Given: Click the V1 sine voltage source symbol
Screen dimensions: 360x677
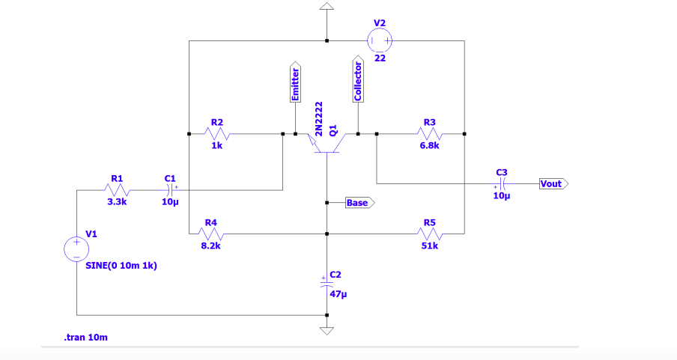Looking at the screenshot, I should pyautogui.click(x=76, y=249).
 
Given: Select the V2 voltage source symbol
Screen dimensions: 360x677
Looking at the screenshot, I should pyautogui.click(x=380, y=40).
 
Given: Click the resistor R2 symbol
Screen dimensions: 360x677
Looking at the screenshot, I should pyautogui.click(x=216, y=135).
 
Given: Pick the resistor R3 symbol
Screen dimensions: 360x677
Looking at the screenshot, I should pyautogui.click(x=429, y=135).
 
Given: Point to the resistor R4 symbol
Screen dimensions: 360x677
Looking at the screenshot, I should pyautogui.click(x=210, y=234).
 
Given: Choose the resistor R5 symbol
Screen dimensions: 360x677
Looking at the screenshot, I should pyautogui.click(x=429, y=234).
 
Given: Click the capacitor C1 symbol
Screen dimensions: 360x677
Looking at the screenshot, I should pyautogui.click(x=170, y=190).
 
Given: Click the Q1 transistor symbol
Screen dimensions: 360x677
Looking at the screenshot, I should pyautogui.click(x=327, y=142).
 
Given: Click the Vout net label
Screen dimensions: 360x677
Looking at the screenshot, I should pyautogui.click(x=553, y=183).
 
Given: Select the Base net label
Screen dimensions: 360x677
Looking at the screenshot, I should pyautogui.click(x=359, y=203).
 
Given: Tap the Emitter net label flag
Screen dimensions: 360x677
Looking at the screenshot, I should pyautogui.click(x=295, y=82).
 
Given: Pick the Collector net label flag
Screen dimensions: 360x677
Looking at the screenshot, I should pyautogui.click(x=358, y=79).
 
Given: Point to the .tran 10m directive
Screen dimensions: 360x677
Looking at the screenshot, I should pyautogui.click(x=85, y=338).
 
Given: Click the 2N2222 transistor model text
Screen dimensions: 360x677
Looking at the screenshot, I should pyautogui.click(x=319, y=118).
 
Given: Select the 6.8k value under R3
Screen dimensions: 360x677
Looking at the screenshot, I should pyautogui.click(x=429, y=147).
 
